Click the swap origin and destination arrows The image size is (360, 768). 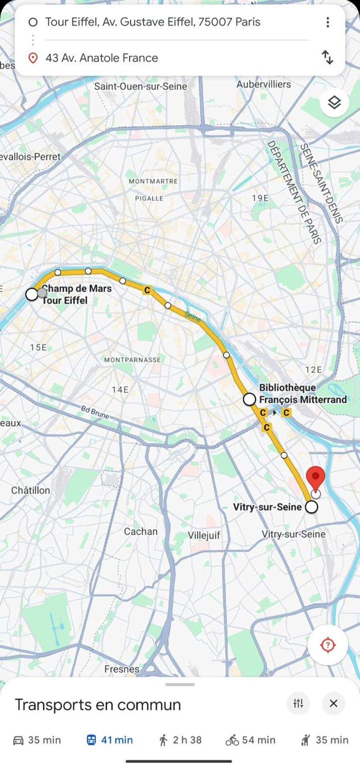point(327,57)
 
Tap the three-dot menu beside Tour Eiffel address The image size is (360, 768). point(327,22)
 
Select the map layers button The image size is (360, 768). point(334,103)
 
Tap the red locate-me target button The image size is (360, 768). point(328,645)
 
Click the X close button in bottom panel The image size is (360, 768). point(333,703)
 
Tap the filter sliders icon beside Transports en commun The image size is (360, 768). point(298,703)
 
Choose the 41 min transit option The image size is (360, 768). point(110,740)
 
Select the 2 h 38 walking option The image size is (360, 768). point(180,740)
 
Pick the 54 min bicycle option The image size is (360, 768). point(250,740)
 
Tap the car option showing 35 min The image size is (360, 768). point(37,740)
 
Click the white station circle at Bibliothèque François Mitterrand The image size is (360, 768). point(250,399)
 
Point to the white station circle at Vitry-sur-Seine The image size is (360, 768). point(311,507)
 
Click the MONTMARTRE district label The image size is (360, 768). point(153,181)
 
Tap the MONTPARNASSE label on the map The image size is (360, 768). point(132,360)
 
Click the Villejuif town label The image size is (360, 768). point(204,535)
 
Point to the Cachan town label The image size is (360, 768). point(140,531)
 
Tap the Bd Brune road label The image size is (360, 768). point(95,412)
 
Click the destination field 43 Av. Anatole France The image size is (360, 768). point(102,58)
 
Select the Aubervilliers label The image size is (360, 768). point(264,84)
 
